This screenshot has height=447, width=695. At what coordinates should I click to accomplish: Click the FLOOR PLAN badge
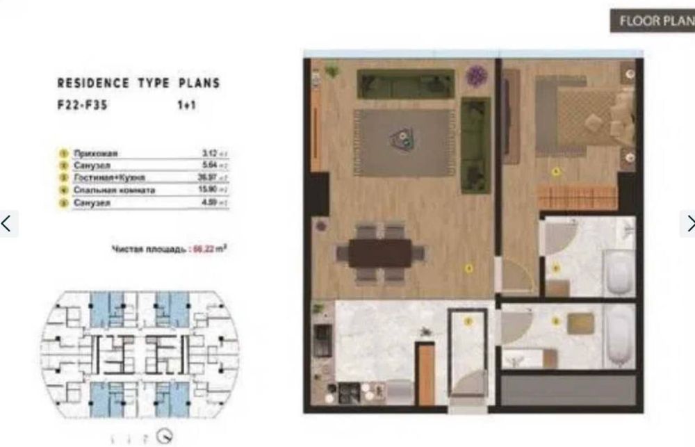coord(652,21)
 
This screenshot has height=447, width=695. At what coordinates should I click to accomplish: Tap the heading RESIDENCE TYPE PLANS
coord(138,83)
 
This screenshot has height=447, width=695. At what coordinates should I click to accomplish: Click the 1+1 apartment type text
coord(183,108)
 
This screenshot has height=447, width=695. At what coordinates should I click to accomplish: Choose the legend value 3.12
coord(209,153)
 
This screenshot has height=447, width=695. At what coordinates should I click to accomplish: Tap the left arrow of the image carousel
coord(8,224)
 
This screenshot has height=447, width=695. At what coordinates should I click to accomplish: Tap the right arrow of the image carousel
coord(687,224)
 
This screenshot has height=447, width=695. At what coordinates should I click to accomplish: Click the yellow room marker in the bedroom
coord(555,171)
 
